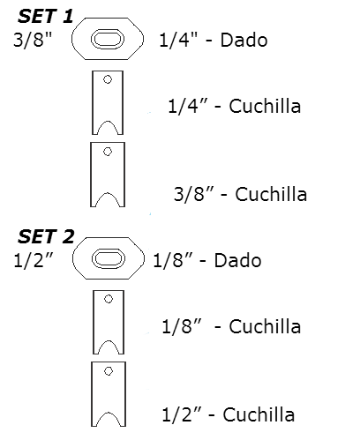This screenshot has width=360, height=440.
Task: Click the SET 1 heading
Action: coord(45,16)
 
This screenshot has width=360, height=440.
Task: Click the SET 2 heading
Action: coord(46,236)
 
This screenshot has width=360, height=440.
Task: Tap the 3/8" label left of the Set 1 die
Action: coord(33,40)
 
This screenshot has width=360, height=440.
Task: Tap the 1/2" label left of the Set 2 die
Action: coord(34,260)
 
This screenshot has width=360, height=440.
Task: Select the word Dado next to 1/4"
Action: coord(244,40)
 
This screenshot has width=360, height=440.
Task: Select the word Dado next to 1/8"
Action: coord(237,260)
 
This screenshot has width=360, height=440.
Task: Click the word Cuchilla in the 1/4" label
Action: coord(265,106)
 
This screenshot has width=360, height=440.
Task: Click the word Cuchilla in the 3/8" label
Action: coord(271,194)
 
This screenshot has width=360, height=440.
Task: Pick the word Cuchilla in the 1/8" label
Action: coord(265,326)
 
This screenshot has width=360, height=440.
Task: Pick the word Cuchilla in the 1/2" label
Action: coord(259,414)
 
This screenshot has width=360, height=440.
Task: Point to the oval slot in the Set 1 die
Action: coord(108,39)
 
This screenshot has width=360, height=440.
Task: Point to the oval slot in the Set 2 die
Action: coord(109,258)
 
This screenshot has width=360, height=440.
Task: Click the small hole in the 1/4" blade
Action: coord(108,79)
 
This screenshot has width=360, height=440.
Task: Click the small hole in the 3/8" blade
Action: coord(108,152)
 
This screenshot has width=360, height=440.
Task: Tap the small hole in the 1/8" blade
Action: coord(109,299)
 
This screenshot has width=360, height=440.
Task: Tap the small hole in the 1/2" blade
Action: coord(109,371)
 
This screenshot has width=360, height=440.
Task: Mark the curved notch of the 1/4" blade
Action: coord(108,121)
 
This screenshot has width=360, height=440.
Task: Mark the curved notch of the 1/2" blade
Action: coord(109,413)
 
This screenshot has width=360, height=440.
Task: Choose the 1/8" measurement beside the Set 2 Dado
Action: coord(173,260)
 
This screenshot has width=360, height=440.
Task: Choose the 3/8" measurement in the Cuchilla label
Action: coord(193,194)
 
